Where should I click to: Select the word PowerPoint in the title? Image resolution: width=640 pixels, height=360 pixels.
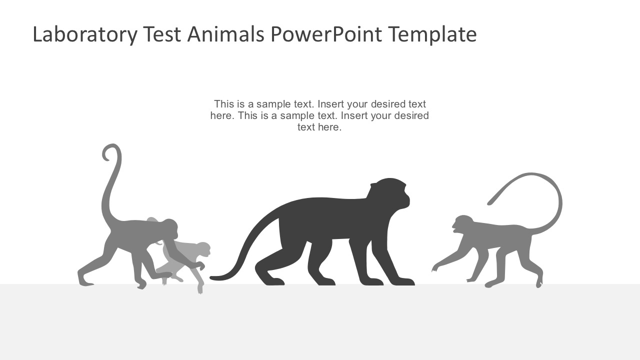coord(326,34)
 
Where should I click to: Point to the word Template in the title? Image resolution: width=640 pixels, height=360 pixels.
coord(432,34)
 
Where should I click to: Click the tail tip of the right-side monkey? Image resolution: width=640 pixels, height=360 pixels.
coord(490,202)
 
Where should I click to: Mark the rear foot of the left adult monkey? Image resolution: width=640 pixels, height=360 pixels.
coord(85,282)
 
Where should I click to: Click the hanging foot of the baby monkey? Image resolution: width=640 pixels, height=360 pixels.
coord(200,289)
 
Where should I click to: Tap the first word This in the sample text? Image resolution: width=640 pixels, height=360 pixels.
coord(224,104)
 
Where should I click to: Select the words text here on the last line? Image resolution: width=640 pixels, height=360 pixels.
coord(319,127)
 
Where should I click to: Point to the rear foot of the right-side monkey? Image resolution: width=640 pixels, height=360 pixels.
coord(538,284)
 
